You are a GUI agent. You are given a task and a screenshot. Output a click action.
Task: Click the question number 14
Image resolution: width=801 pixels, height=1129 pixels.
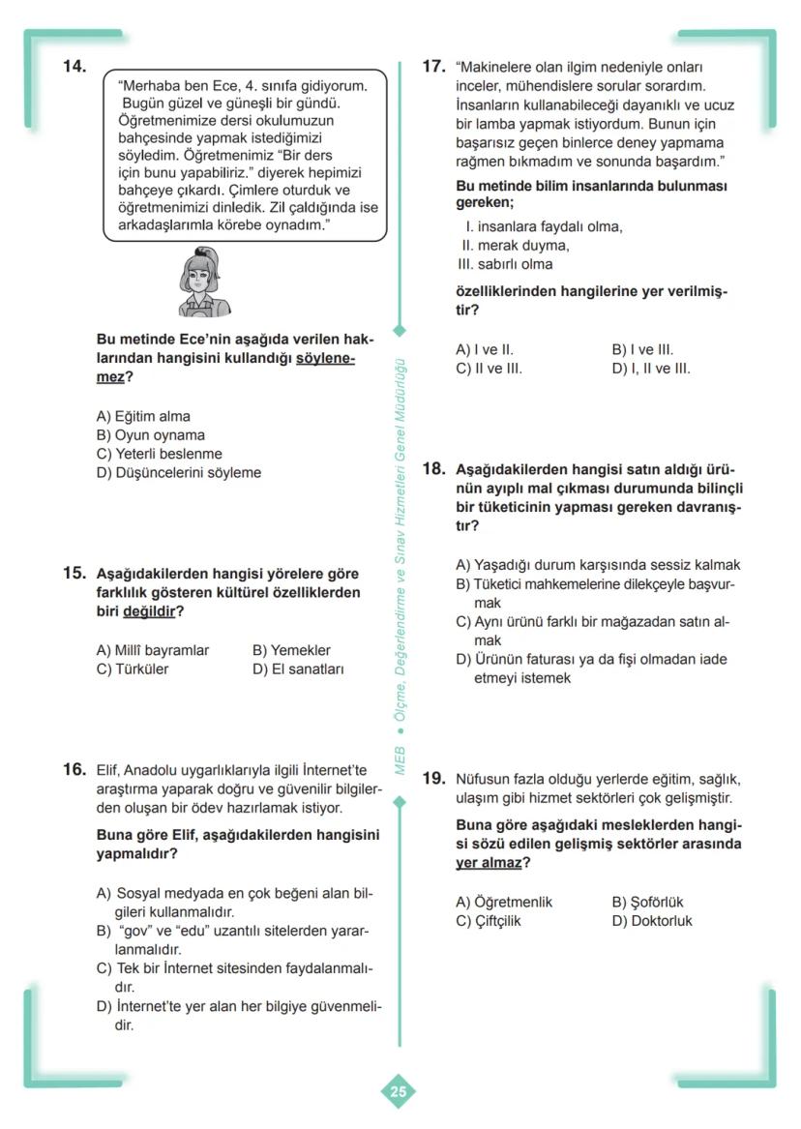point(74,67)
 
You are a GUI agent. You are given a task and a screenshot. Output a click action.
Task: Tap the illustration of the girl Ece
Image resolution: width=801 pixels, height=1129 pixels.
point(205,282)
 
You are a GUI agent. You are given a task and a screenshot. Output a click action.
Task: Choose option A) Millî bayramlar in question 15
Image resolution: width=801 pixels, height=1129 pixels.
point(153,650)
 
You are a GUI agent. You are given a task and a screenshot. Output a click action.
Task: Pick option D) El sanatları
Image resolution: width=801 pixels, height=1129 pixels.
point(297,668)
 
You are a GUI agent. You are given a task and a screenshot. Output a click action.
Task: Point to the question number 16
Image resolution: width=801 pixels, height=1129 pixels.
point(74,770)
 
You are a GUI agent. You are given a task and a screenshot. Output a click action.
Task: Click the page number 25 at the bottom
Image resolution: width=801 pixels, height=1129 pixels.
point(399,1092)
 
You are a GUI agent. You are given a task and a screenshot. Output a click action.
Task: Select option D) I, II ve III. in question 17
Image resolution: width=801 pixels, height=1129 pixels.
point(651,369)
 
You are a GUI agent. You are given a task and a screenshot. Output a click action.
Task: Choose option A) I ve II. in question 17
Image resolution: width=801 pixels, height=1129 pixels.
point(485,350)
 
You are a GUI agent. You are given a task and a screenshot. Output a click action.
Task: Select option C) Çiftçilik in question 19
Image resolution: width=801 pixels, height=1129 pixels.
point(489,921)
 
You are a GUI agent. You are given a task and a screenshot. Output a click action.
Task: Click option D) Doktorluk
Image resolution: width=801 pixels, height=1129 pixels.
point(652,921)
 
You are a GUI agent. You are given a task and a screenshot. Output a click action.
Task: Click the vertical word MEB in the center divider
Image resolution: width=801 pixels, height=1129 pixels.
point(399,760)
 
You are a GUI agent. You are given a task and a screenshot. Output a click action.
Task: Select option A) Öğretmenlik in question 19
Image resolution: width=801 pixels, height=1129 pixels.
point(504,902)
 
